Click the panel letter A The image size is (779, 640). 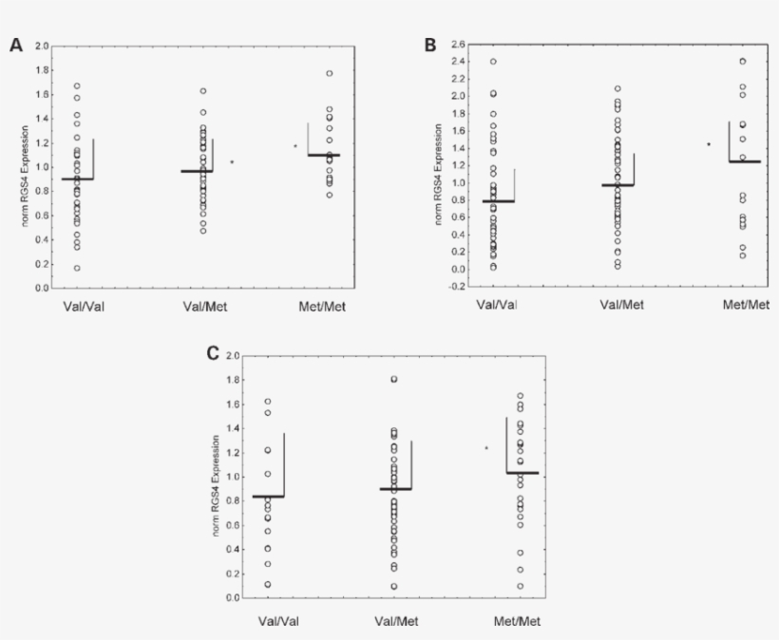tap(15, 45)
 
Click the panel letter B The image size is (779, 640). tap(430, 45)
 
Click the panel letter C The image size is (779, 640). tap(213, 353)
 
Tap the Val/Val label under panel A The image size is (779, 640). tap(78, 306)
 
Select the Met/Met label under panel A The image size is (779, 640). tap(323, 306)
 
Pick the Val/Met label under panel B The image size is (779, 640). tap(621, 305)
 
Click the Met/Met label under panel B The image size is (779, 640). tap(746, 305)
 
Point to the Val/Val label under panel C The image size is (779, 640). tap(281, 623)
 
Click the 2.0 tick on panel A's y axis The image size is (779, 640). tap(42, 46)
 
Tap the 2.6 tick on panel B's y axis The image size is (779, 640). tap(458, 45)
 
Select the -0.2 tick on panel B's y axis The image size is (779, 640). tap(457, 286)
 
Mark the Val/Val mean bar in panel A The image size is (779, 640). tap(78, 179)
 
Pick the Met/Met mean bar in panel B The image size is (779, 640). tap(745, 161)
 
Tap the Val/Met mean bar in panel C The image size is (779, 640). tap(395, 489)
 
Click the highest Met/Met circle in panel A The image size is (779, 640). tap(329, 73)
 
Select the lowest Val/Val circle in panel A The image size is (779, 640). tap(77, 268)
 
